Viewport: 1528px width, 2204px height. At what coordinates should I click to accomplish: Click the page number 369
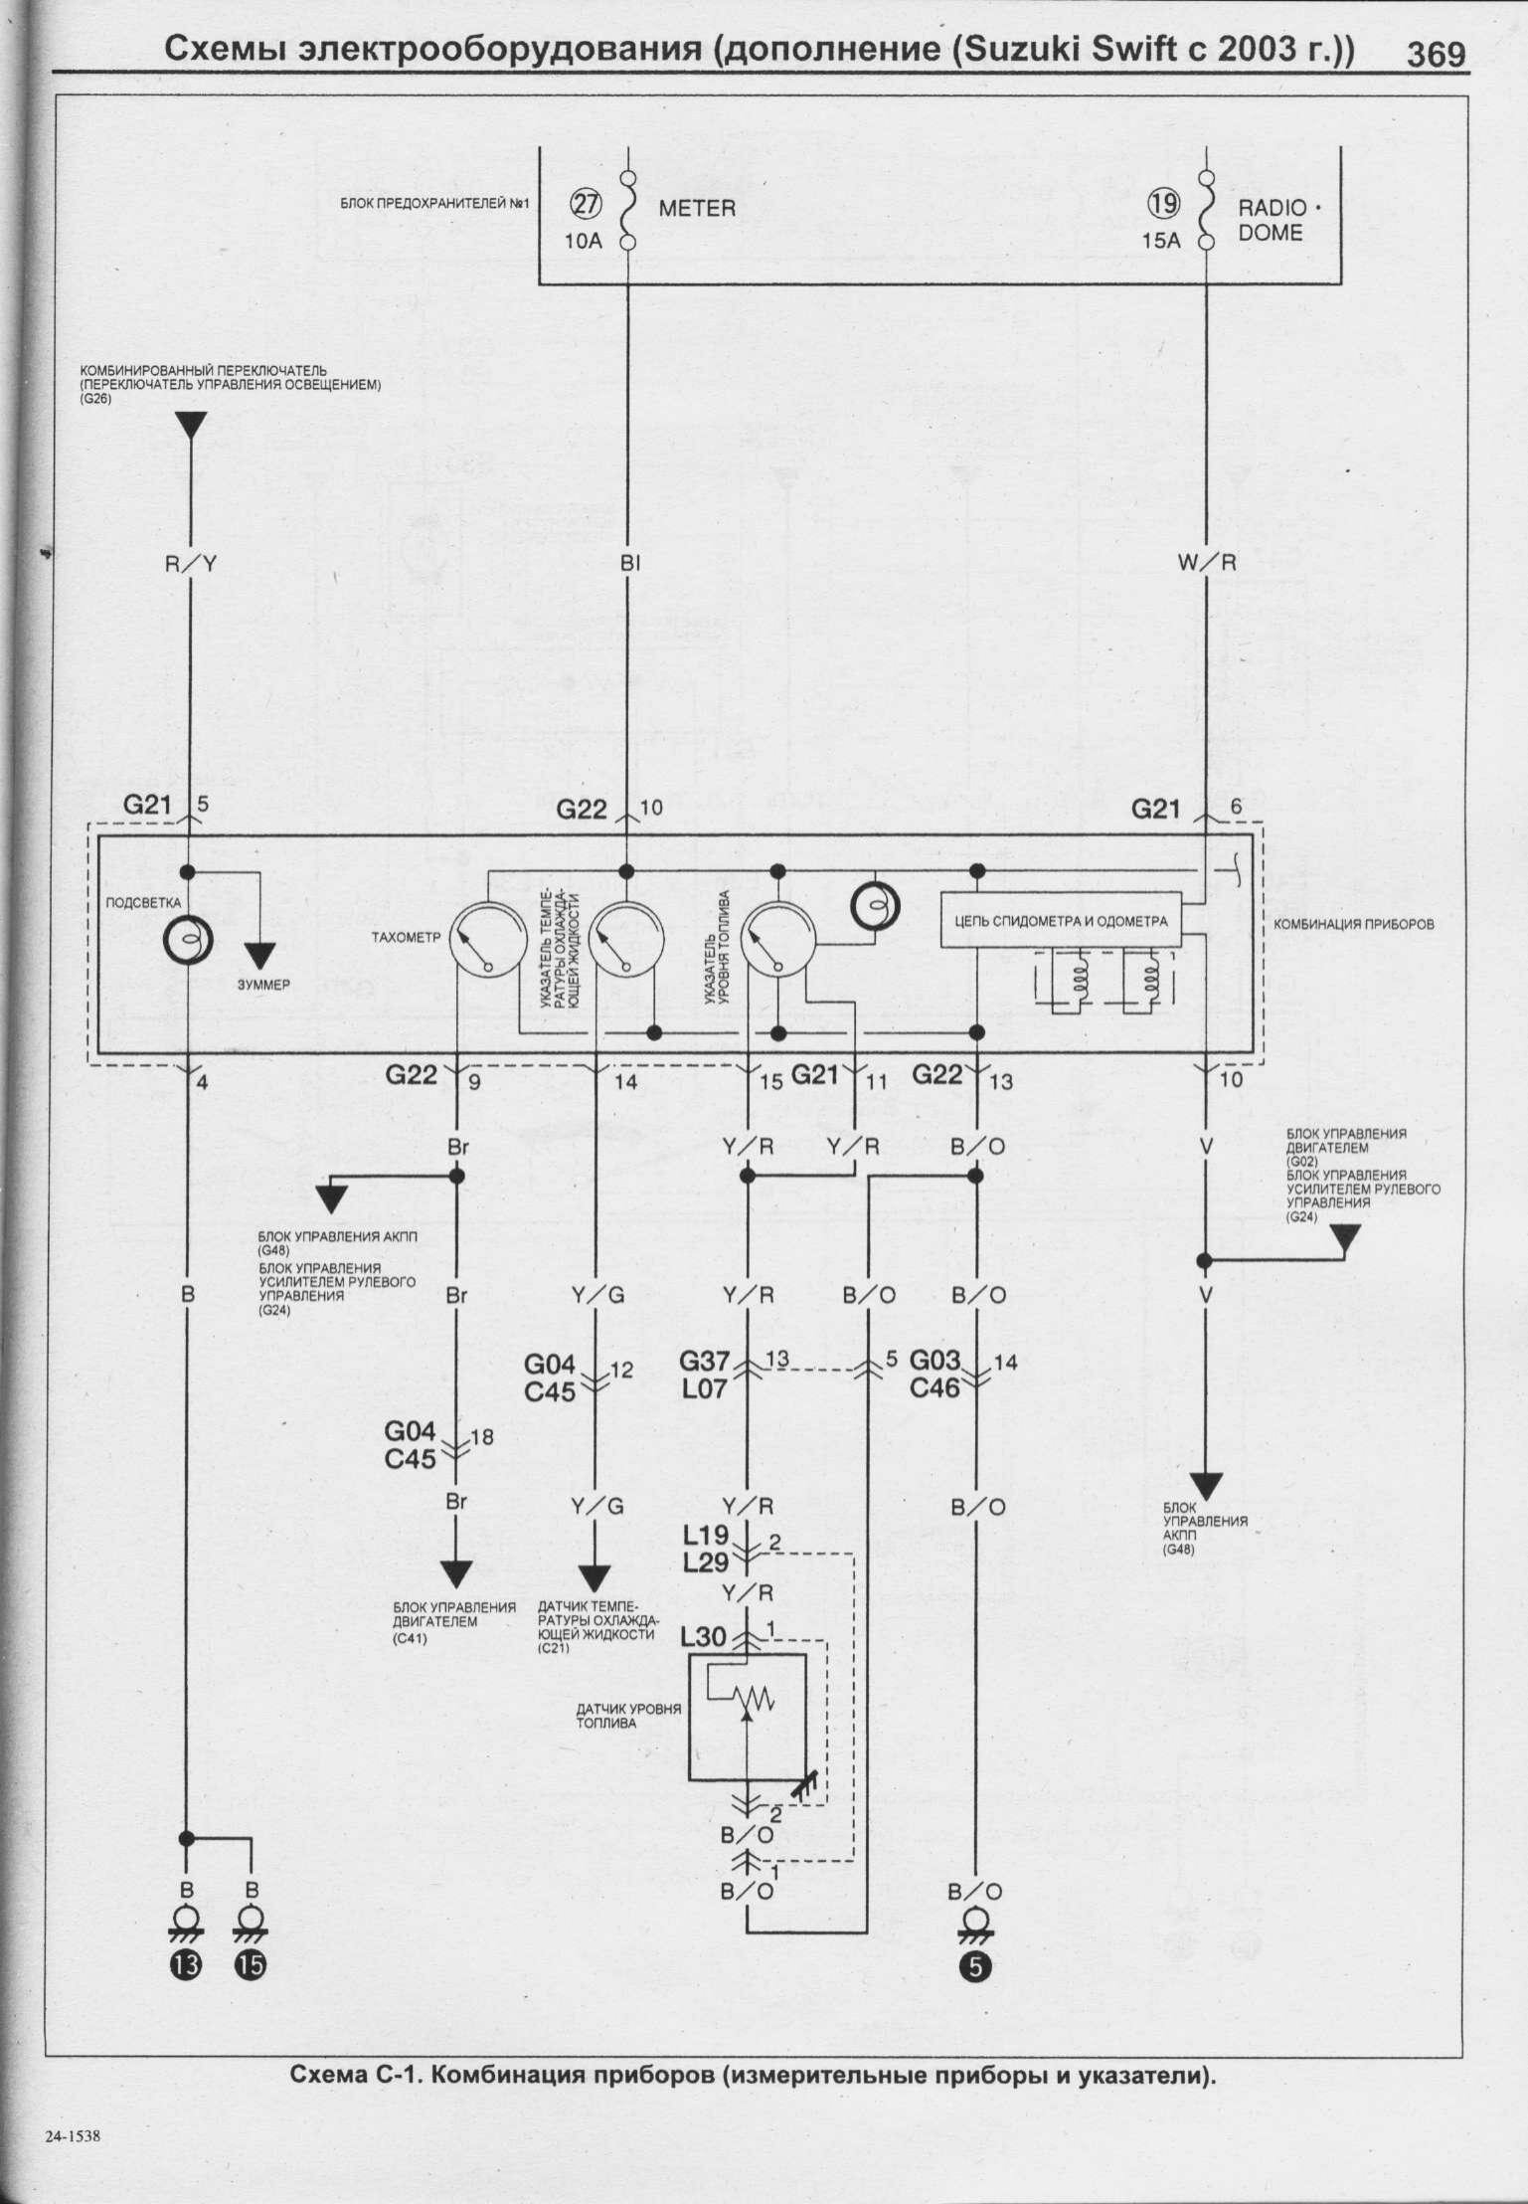click(1436, 54)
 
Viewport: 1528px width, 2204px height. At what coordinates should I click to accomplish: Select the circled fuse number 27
click(584, 204)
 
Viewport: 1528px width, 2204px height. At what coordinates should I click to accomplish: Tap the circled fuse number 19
click(1164, 204)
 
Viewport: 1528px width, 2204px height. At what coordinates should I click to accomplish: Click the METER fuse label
click(696, 209)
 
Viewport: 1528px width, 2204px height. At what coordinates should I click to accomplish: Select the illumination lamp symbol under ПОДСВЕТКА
click(188, 939)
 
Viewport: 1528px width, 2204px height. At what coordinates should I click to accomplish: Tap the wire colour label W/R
click(1206, 562)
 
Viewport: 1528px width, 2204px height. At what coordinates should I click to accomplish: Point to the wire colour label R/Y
click(189, 563)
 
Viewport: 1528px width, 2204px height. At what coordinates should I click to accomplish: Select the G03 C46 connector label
click(935, 1373)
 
